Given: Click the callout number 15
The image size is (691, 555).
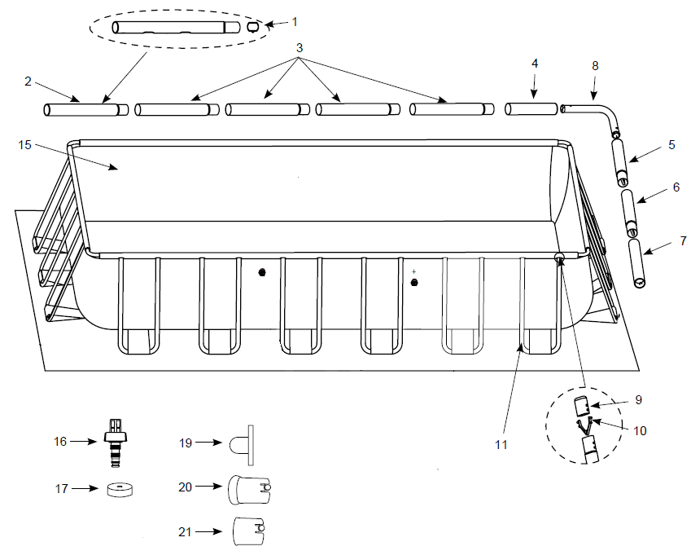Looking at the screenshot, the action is click(24, 145).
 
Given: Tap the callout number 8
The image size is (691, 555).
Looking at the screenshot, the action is click(595, 66).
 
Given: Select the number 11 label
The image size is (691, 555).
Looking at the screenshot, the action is click(501, 445).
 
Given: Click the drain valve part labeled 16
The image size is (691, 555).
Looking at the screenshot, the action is click(116, 443).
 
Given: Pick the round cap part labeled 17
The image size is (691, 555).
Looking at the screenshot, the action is click(120, 489).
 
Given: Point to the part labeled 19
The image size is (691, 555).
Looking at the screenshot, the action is click(242, 445).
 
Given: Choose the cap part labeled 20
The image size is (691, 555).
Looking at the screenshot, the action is click(249, 490).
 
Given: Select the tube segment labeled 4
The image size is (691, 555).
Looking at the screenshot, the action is click(531, 109).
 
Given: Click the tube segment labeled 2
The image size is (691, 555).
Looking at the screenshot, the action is click(86, 110).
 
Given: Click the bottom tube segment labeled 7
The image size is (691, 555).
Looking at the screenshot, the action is click(636, 263).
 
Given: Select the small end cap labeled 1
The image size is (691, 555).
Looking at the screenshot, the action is click(252, 27).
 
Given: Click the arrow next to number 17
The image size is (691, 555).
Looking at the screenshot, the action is click(85, 488).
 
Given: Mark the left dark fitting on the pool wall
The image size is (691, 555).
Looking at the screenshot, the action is click(262, 271).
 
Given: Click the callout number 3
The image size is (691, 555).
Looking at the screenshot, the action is click(300, 47).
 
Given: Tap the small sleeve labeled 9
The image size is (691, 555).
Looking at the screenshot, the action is click(582, 406).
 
